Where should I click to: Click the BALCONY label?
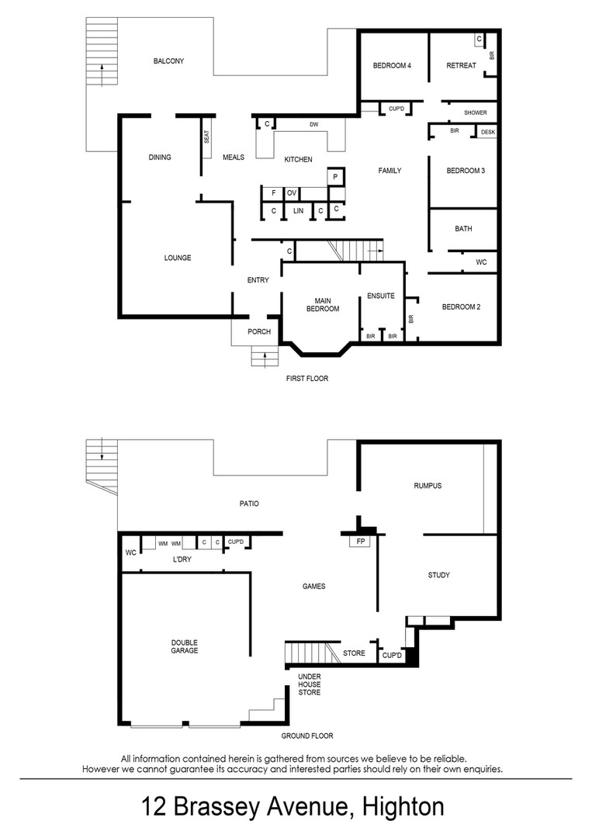(168, 61)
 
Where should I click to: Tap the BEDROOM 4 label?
(392, 66)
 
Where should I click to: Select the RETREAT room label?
(461, 66)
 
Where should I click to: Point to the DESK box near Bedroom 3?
(488, 132)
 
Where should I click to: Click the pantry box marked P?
(335, 176)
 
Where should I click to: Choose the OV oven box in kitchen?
(292, 193)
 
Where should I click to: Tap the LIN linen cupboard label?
(298, 211)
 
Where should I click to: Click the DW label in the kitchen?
(314, 124)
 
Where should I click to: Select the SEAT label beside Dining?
(206, 137)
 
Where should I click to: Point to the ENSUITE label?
(381, 296)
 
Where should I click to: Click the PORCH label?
(259, 332)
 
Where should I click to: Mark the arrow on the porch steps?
(265, 359)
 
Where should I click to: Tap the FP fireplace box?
(361, 542)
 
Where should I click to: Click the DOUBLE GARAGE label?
(185, 646)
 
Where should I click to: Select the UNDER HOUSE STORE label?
(310, 684)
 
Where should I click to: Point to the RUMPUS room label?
(428, 486)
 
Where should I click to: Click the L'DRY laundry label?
(182, 559)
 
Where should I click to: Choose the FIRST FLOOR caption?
(307, 379)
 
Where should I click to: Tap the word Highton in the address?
(403, 806)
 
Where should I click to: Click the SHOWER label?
(476, 113)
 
